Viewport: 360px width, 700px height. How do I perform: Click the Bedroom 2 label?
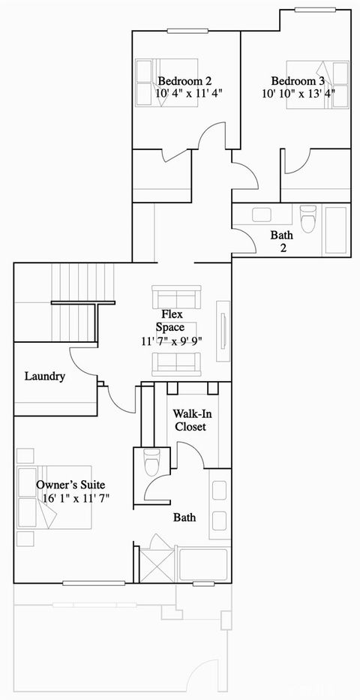tap(184, 81)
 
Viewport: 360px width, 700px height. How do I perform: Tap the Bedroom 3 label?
tap(298, 81)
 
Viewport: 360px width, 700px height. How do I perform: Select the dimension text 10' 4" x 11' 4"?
tap(189, 94)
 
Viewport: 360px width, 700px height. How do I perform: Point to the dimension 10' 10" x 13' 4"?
tap(298, 94)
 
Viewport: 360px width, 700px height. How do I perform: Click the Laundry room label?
tap(44, 376)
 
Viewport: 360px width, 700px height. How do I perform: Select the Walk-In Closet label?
tap(190, 420)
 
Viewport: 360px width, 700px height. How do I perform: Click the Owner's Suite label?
tap(71, 485)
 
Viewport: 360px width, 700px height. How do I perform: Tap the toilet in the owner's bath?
tap(151, 462)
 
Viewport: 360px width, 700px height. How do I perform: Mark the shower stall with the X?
tap(157, 562)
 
